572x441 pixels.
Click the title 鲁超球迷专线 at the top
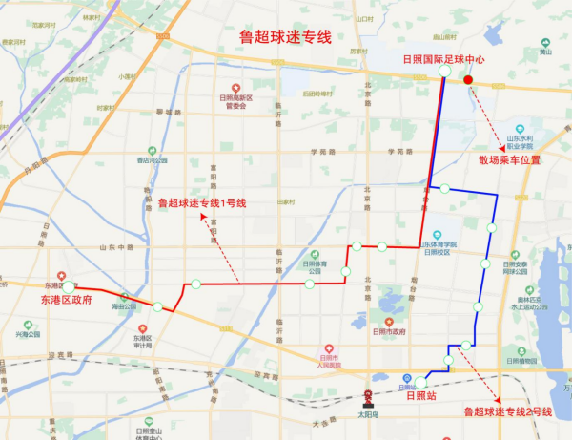pyautogui.click(x=284, y=37)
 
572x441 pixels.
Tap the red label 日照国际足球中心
pyautogui.click(x=444, y=58)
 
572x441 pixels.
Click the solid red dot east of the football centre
pyautogui.click(x=467, y=80)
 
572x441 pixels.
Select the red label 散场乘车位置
pyautogui.click(x=509, y=160)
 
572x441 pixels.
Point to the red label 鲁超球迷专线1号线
pyautogui.click(x=202, y=202)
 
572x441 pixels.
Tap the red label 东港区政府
pyautogui.click(x=66, y=300)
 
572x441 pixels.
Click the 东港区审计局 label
pyautogui.click(x=143, y=341)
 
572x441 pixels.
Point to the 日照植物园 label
pyautogui.click(x=521, y=361)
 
